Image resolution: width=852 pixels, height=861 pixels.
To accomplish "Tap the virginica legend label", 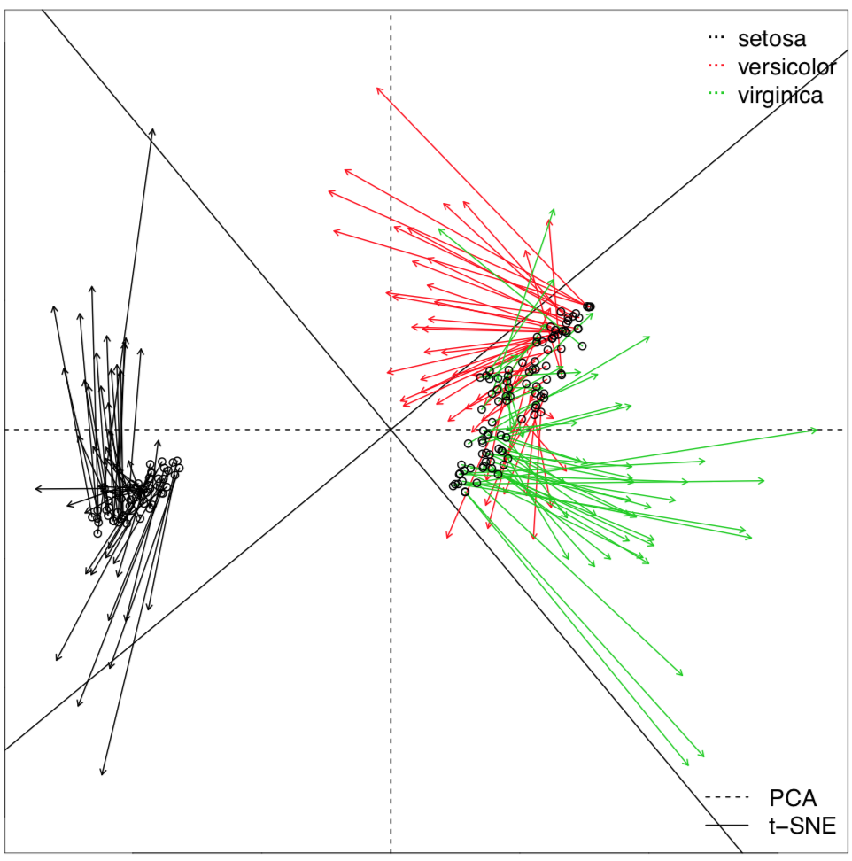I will tap(780, 95).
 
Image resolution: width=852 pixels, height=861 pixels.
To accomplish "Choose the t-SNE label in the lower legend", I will tap(801, 826).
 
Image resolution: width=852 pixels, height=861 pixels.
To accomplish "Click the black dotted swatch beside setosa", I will tap(715, 38).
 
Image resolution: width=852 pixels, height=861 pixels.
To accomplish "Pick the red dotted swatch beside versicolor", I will tap(715, 66).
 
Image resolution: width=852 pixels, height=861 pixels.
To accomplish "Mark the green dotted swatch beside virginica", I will tap(715, 95).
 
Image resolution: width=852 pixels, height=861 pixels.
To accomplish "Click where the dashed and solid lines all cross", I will tap(391, 430).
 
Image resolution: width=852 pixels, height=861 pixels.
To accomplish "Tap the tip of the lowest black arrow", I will tap(102, 776).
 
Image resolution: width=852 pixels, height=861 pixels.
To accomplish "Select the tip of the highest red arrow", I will tap(377, 87).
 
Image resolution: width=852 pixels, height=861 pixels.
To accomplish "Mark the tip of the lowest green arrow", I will tap(704, 757).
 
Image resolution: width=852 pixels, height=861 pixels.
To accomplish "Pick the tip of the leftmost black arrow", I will tap(35, 488).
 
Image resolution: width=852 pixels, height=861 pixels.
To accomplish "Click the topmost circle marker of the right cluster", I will tap(589, 306).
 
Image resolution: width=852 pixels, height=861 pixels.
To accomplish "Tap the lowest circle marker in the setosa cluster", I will tap(97, 532).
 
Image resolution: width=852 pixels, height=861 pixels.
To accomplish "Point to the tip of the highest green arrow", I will tap(554, 209).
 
